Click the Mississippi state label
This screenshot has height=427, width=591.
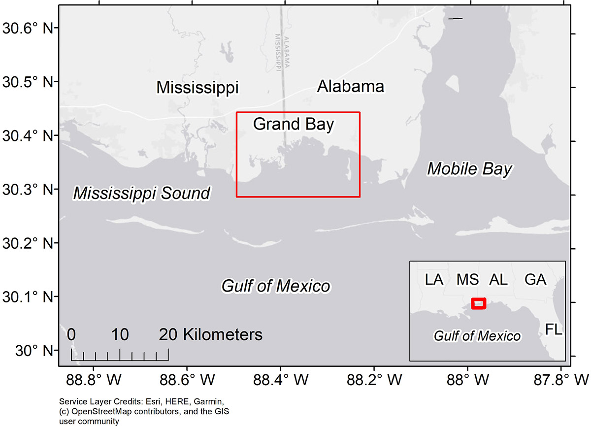coord(197,88)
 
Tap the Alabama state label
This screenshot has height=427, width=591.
coord(350,86)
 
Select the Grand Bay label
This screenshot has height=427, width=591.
coord(294,124)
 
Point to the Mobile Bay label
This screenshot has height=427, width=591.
coord(469,169)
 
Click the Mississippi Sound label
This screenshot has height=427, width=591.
coord(142,194)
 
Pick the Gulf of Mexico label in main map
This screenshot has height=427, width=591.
coord(276,286)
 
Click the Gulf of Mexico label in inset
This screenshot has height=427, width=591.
coord(477,336)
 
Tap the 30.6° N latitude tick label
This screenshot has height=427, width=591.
coord(28,28)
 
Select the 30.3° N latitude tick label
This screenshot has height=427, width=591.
coord(28,189)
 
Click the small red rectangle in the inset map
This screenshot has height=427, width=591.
coord(478,303)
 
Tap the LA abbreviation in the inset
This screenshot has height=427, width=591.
coord(434,280)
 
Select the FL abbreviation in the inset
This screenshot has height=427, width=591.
coord(554,329)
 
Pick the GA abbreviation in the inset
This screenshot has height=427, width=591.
coord(535,280)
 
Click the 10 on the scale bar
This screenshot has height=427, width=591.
coord(120,335)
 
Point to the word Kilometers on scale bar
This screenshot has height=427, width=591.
coord(223,335)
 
